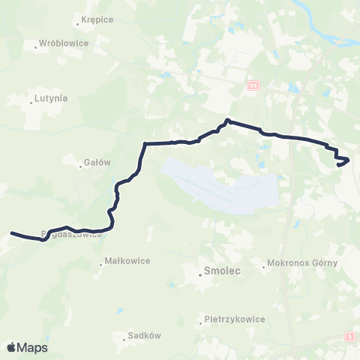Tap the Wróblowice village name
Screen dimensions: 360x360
click(x=64, y=43)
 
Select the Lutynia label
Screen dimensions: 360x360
click(x=51, y=98)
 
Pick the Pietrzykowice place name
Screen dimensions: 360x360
click(x=235, y=319)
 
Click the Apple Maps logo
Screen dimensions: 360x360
click(x=26, y=347)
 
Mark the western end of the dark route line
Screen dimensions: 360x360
click(x=11, y=232)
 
